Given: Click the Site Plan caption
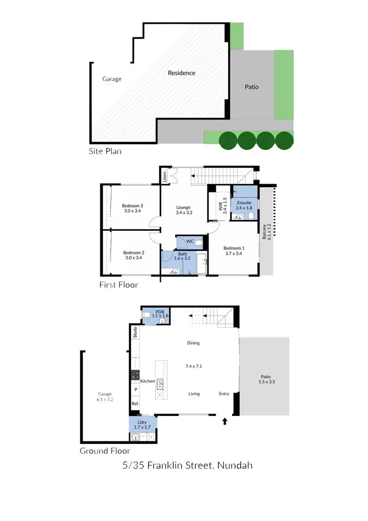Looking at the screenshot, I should [105, 151].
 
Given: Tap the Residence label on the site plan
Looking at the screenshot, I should [182, 73].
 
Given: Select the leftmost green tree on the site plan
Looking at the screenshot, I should [226, 140].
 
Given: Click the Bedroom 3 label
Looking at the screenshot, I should [132, 206].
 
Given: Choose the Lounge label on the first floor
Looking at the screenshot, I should [183, 207].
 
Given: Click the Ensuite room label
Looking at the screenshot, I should [244, 202].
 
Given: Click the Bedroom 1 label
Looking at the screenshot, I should [234, 248].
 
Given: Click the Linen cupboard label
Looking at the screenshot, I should [165, 175].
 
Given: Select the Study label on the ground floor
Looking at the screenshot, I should [135, 332].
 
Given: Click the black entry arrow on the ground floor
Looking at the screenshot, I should [225, 421].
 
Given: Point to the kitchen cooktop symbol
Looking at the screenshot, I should [135, 376].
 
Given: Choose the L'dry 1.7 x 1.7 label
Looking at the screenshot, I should [143, 424].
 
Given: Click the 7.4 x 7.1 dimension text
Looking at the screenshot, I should [193, 366].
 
